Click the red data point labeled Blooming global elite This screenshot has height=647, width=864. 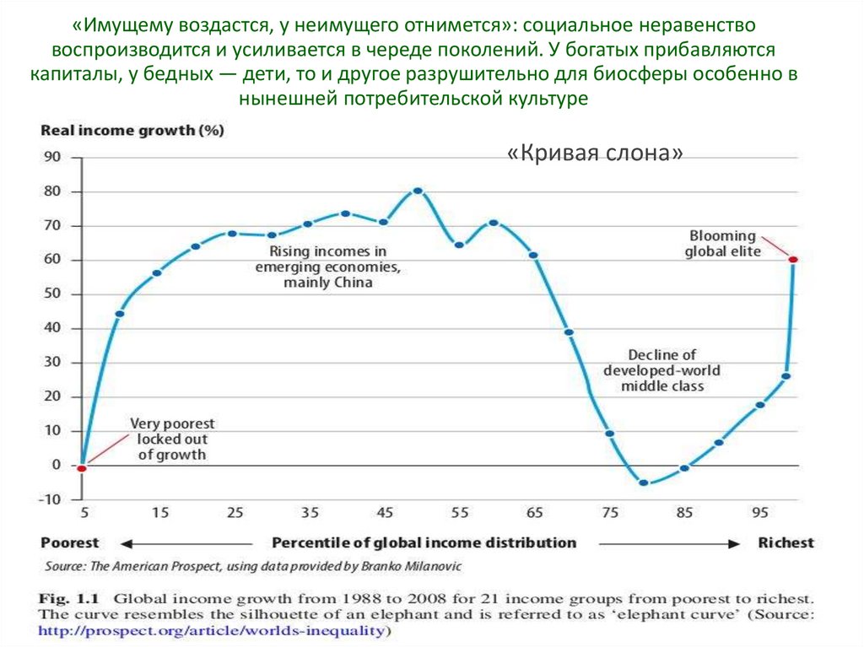point(793,259)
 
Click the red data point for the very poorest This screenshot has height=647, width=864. point(82,467)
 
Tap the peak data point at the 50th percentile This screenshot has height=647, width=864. point(418,191)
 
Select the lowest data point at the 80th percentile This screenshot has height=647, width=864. point(644,483)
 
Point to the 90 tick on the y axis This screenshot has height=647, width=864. point(52,157)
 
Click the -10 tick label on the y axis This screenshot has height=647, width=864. point(50,499)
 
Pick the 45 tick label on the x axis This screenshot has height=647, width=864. point(385,512)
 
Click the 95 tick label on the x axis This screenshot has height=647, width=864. point(760,512)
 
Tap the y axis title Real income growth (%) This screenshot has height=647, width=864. point(132,130)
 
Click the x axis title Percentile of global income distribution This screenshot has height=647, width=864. point(424,542)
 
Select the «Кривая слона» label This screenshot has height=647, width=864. point(595,154)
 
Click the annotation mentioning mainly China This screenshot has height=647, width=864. point(327,267)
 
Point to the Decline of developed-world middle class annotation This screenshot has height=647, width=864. point(662,370)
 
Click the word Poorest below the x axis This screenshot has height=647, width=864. point(70,542)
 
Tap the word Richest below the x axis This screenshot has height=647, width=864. point(786,542)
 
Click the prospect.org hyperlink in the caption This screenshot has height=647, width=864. point(211,629)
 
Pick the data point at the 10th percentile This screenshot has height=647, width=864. point(120,314)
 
